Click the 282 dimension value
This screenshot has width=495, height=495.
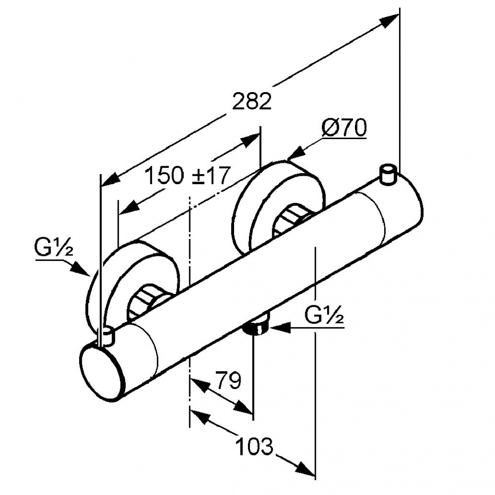[x=252, y=102]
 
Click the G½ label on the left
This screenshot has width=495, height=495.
[x=54, y=246]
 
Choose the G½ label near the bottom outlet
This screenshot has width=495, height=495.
[x=324, y=315]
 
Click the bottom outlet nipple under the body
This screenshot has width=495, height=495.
[x=257, y=326]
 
